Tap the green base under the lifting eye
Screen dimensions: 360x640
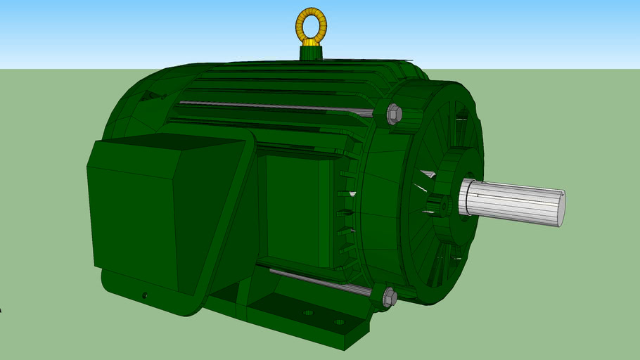(x=311, y=53)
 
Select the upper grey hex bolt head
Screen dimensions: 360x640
(x=394, y=113)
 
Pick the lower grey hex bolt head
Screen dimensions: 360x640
(x=389, y=297)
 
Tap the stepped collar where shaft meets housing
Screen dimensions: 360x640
(x=466, y=198)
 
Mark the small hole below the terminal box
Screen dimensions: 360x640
(x=145, y=295)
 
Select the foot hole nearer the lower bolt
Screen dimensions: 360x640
(x=339, y=322)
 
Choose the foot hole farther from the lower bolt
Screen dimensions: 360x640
(x=307, y=312)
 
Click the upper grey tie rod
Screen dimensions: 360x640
(x=274, y=107)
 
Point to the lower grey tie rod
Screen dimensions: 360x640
(x=316, y=281)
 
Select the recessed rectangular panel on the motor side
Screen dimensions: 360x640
(x=292, y=211)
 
